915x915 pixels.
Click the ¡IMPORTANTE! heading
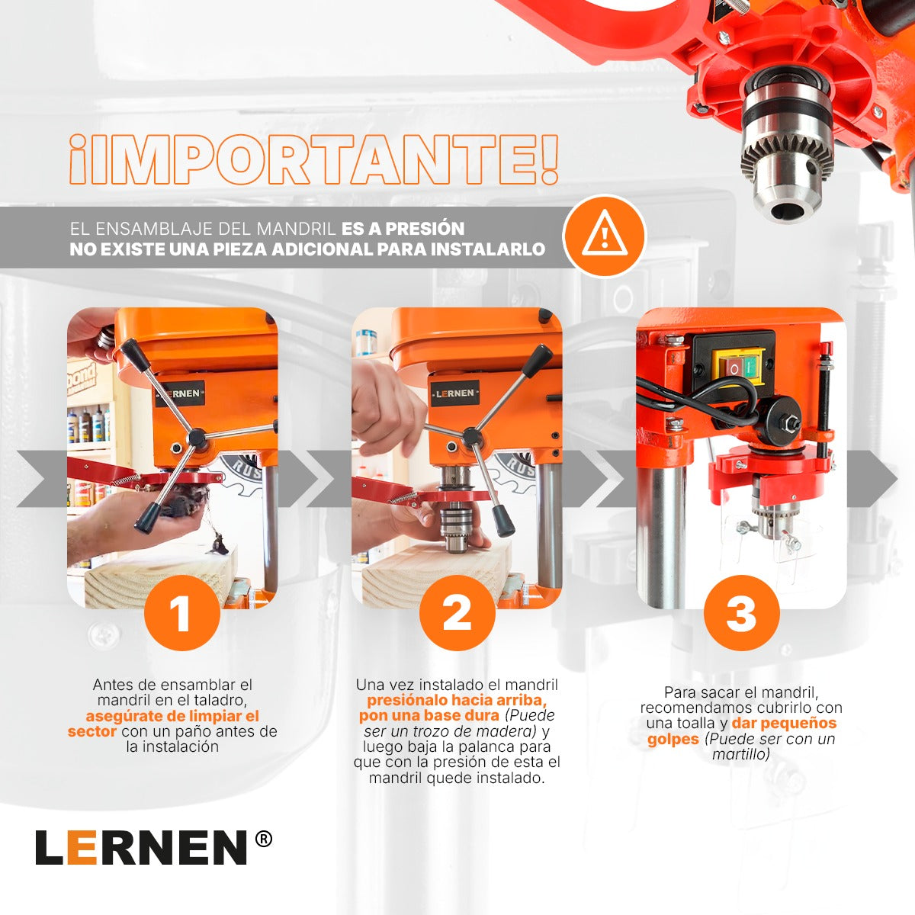[313, 160]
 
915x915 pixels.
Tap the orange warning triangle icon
[605, 236]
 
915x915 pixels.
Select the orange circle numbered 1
[181, 613]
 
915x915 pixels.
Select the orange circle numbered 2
[457, 613]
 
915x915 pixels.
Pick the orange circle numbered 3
[741, 613]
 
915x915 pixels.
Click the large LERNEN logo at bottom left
[141, 847]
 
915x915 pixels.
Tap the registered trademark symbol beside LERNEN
[262, 839]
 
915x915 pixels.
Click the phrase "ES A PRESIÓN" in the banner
[403, 229]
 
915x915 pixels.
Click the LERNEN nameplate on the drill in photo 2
[455, 393]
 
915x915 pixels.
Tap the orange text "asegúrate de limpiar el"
[172, 716]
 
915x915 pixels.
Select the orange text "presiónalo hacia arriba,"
[456, 700]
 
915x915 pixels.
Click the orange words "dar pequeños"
[784, 723]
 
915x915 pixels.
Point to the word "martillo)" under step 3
[740, 754]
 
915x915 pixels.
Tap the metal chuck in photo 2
[457, 518]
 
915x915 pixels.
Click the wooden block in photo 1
[152, 579]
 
